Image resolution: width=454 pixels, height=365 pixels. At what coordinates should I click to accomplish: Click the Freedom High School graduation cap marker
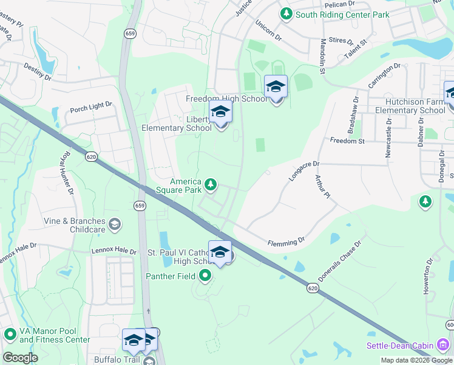[276, 88]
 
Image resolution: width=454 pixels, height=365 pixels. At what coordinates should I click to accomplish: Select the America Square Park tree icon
[211, 184]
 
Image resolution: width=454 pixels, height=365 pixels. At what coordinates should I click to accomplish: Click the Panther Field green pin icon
[205, 276]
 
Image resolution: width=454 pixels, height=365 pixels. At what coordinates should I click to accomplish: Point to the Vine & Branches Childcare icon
[113, 226]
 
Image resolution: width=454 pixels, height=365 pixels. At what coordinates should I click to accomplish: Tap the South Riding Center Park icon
[285, 13]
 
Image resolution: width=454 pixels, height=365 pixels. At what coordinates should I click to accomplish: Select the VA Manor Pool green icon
[10, 334]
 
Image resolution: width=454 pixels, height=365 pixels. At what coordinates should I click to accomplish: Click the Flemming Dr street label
[286, 243]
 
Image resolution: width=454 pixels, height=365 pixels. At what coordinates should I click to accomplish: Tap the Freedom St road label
[347, 141]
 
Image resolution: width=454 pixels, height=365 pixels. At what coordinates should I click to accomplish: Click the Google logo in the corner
[20, 358]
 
